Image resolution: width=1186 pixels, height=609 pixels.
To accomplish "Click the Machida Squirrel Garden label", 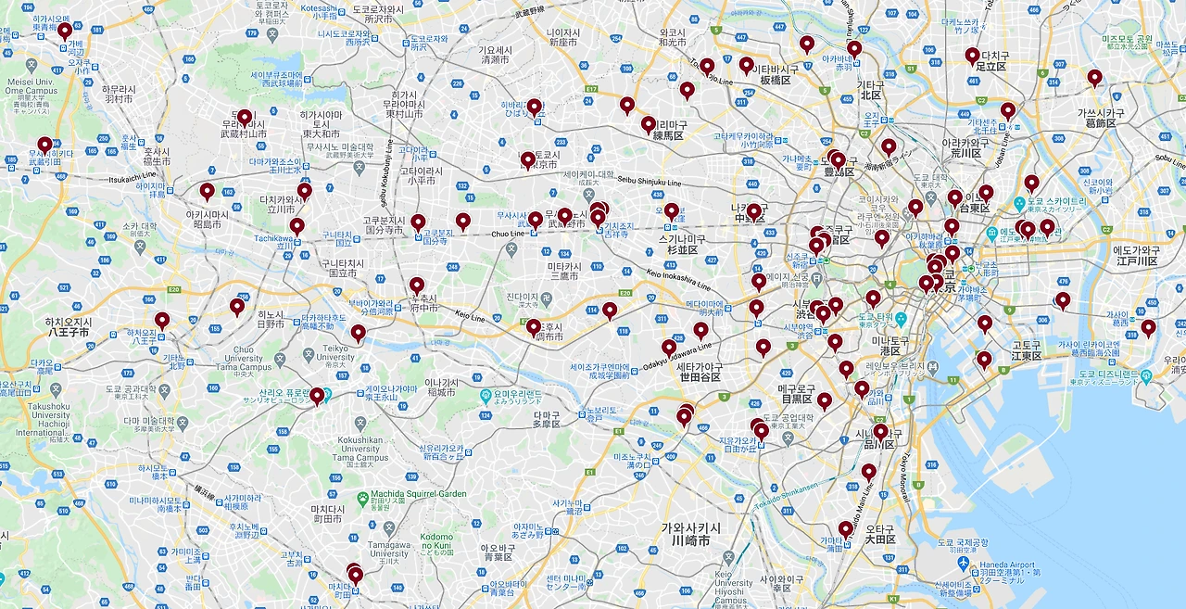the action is click(418, 494).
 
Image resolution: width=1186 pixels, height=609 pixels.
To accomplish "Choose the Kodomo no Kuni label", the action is click(436, 542).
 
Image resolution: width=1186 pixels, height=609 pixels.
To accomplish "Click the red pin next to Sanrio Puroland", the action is click(317, 396).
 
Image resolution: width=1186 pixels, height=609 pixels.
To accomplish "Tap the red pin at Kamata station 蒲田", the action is click(845, 529).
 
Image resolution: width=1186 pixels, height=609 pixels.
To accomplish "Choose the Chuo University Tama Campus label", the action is click(244, 361).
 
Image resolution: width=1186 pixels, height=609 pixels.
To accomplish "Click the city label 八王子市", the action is click(68, 332).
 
